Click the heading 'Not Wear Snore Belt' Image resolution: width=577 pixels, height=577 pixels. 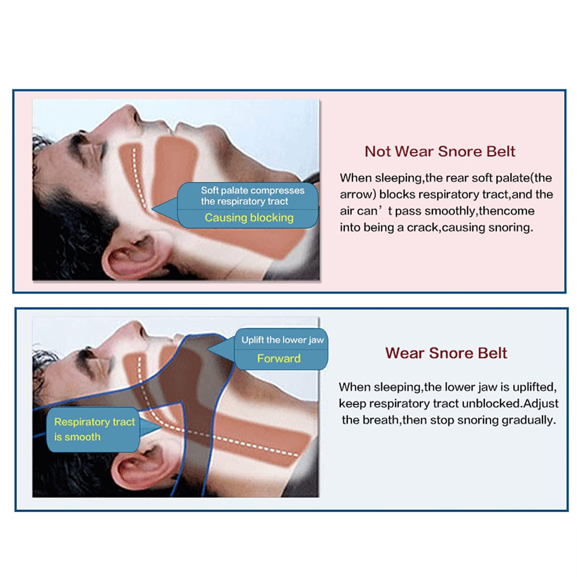(440, 151)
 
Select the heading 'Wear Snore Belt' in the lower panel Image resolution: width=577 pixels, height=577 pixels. (446, 353)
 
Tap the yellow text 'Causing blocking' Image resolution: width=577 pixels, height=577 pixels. (249, 218)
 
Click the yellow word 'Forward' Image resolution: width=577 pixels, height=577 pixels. (279, 358)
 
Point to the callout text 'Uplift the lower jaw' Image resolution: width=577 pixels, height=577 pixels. (283, 340)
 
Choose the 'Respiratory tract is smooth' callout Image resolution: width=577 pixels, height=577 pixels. (94, 429)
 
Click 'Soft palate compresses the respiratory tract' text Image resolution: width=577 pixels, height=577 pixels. (252, 196)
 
